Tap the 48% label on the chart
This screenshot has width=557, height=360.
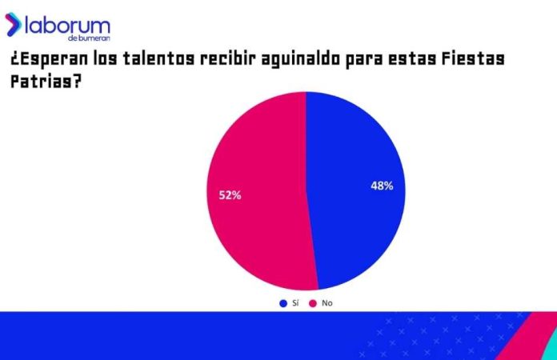[381, 186]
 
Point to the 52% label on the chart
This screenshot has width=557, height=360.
[230, 194]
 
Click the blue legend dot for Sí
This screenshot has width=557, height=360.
[283, 303]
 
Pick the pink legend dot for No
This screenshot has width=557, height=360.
[313, 303]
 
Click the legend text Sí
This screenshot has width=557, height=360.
[295, 303]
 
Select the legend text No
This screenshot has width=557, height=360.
[327, 303]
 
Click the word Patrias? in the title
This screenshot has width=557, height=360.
[44, 82]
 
